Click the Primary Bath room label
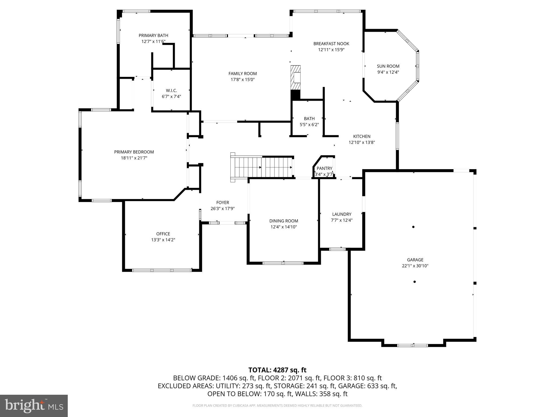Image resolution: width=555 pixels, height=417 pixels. [x=153, y=36]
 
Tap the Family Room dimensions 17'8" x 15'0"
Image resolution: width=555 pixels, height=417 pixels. [x=243, y=80]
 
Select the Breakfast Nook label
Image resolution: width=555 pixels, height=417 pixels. [x=331, y=44]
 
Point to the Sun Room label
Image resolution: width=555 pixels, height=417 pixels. [x=388, y=66]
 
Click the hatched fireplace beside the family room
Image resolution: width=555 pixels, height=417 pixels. [x=296, y=78]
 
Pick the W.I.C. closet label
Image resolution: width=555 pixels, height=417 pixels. [x=171, y=91]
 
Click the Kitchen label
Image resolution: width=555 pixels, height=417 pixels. [x=362, y=137]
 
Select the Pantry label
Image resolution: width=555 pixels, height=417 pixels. [x=324, y=168]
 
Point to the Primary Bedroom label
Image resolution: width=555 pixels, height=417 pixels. [x=134, y=152]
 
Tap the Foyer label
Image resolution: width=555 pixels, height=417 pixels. [x=222, y=203]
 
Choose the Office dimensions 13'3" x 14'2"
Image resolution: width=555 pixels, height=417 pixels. [x=163, y=240]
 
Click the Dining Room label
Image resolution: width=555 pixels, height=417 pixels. [x=283, y=221]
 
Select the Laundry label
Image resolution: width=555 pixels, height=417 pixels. [x=341, y=214]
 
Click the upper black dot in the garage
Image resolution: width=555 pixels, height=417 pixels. [x=413, y=227]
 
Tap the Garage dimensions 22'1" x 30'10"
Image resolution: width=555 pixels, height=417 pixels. [x=415, y=266]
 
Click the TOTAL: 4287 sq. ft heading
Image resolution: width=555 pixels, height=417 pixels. [x=277, y=370]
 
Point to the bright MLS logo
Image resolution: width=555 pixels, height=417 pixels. [x=34, y=406]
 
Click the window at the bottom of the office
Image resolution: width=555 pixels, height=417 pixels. [x=162, y=270]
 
